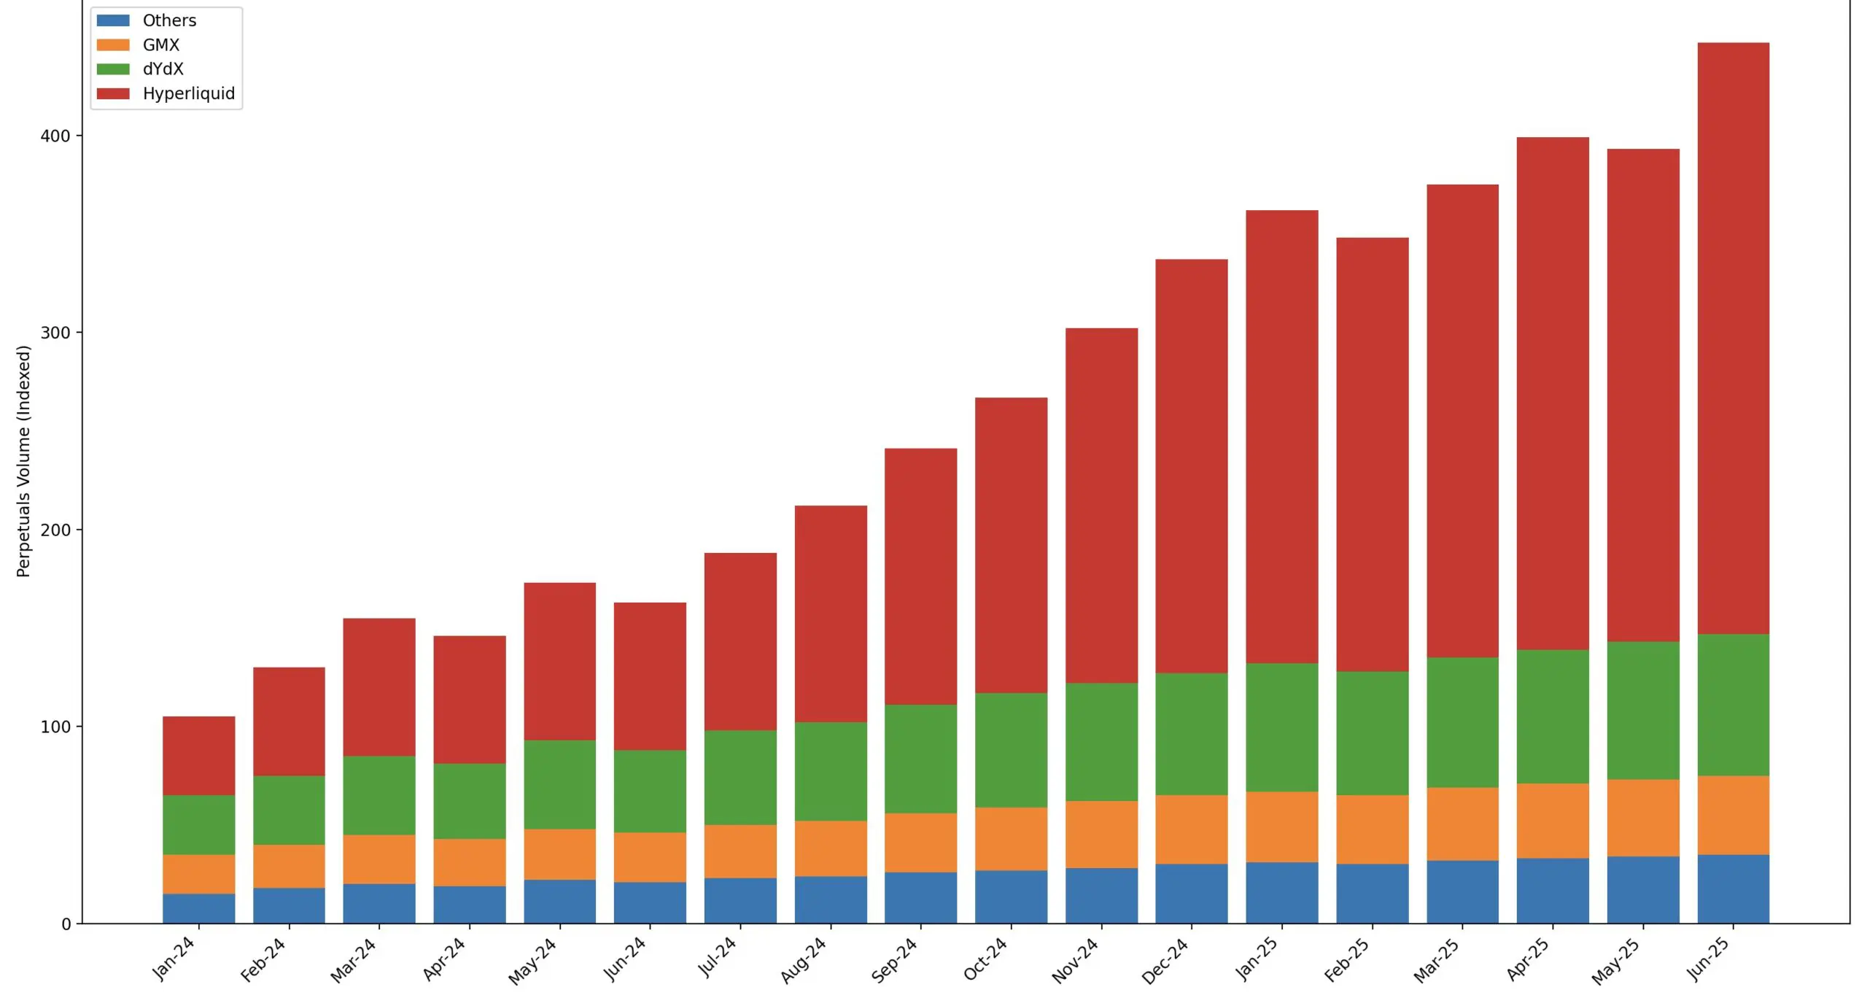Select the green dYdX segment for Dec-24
coord(1191,733)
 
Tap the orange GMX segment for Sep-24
coord(920,843)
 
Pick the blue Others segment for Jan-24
coord(198,908)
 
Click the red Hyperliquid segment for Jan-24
coord(198,755)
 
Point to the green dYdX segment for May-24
coord(559,784)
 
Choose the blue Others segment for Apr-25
coord(1553,891)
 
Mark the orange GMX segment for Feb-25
coord(1372,829)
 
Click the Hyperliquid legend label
coord(188,93)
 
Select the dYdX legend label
coord(163,69)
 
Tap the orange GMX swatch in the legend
coord(113,45)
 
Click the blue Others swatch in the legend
coord(113,20)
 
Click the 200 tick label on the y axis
coord(55,530)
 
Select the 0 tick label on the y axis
coord(66,924)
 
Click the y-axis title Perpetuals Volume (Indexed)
coord(23,461)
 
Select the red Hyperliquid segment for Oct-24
coord(1011,545)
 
